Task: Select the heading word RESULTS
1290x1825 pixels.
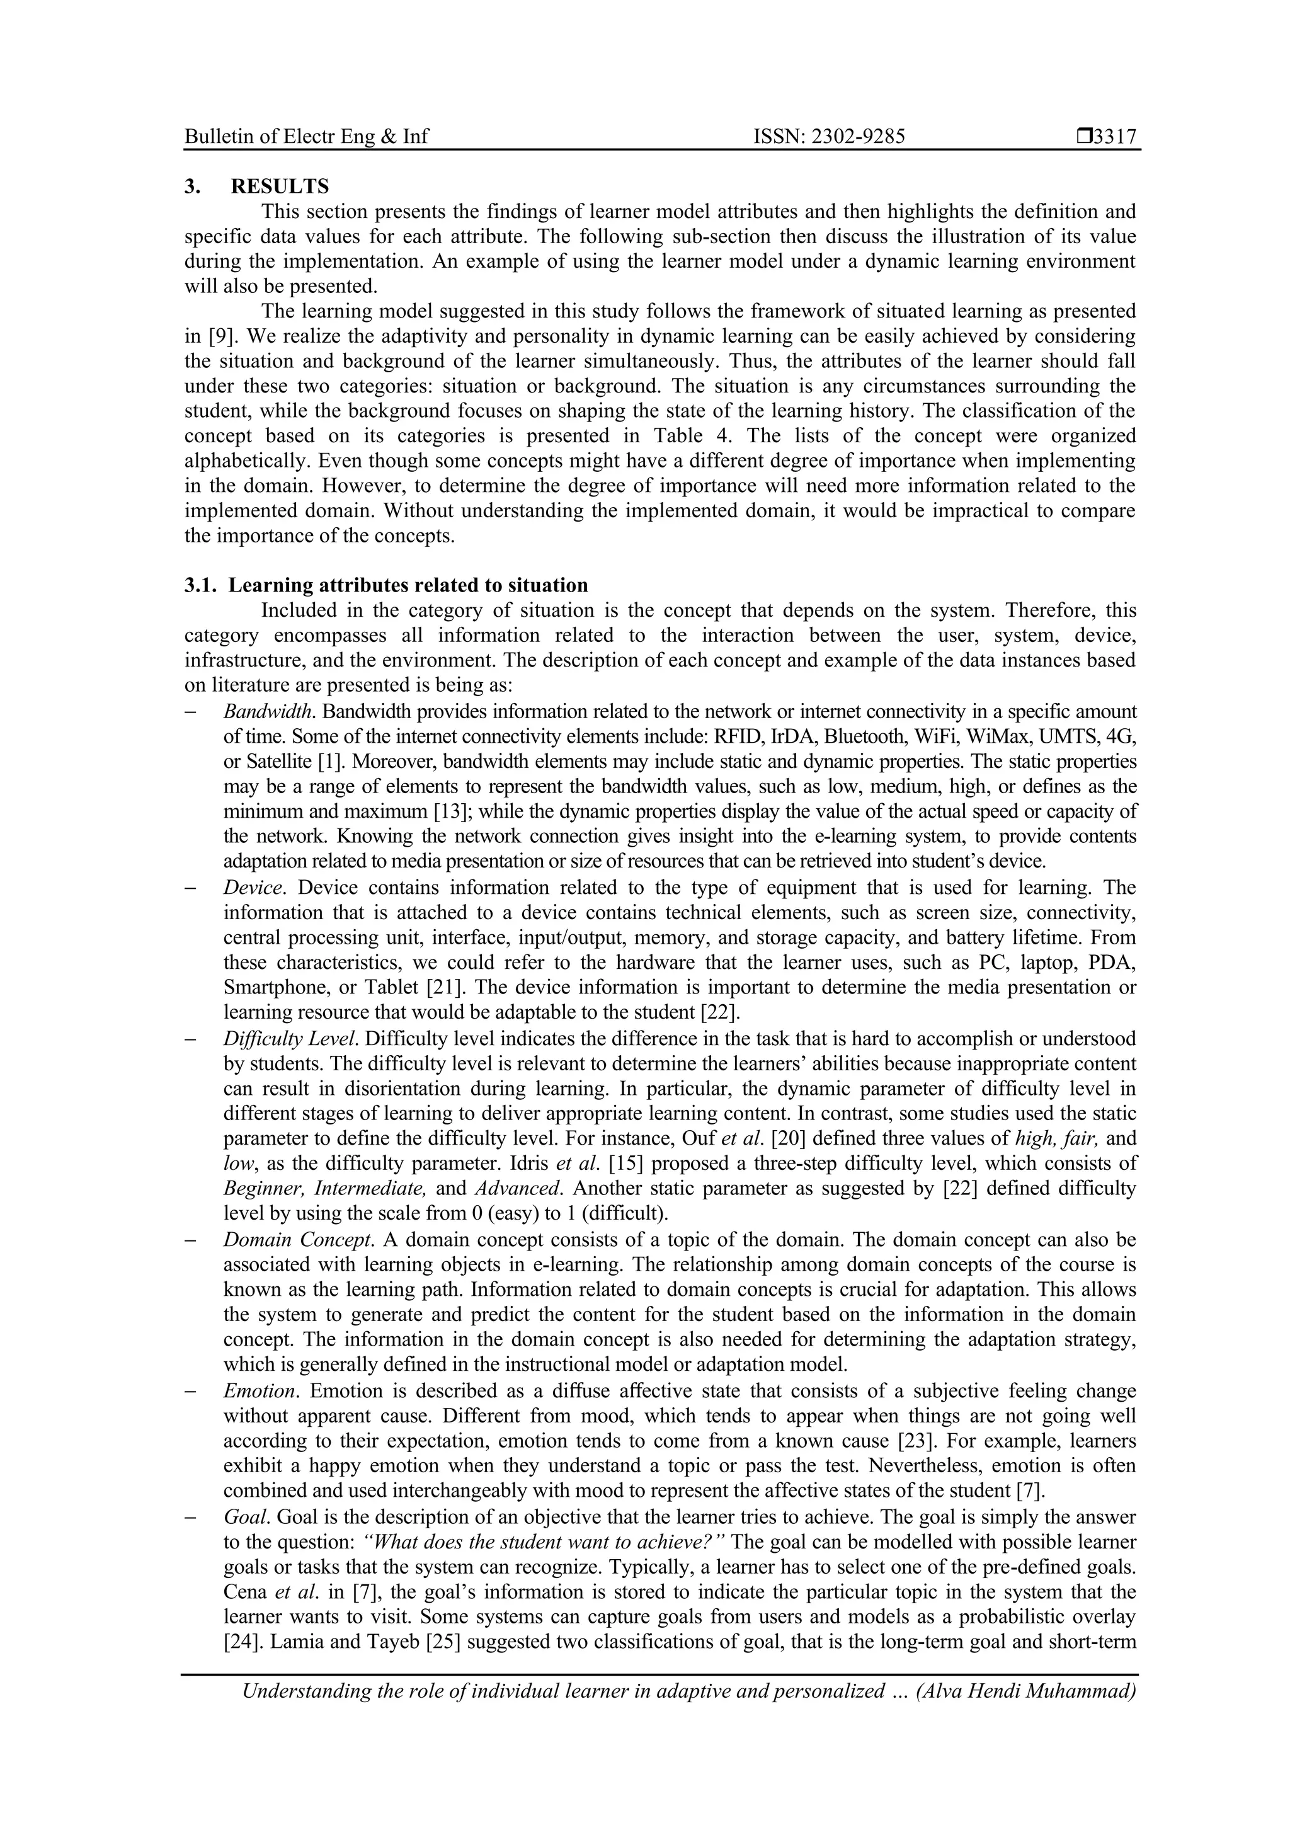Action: (280, 187)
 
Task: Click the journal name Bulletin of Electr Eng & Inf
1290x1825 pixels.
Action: (306, 137)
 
